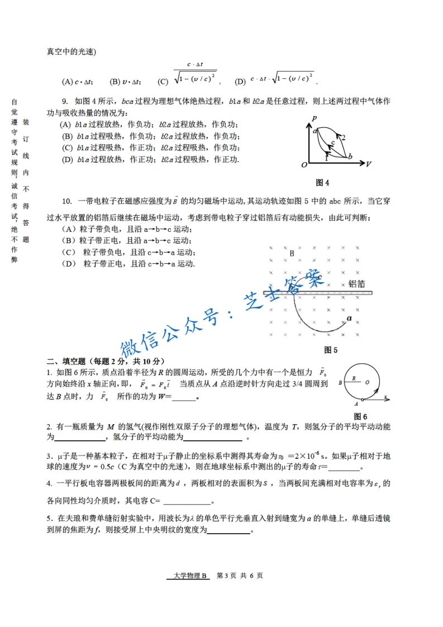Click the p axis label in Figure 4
pos(315,118)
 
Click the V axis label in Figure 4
pos(369,164)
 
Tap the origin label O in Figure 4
pos(304,165)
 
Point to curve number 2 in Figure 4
pos(344,137)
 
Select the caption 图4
pos(322,183)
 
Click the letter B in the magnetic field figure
pos(292,253)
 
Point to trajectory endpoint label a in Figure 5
pos(349,319)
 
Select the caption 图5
pos(331,350)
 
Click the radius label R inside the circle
pos(354,378)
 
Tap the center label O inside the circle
pos(367,383)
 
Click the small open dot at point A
pos(363,399)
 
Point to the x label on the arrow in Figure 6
pos(385,396)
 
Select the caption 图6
pos(360,416)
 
